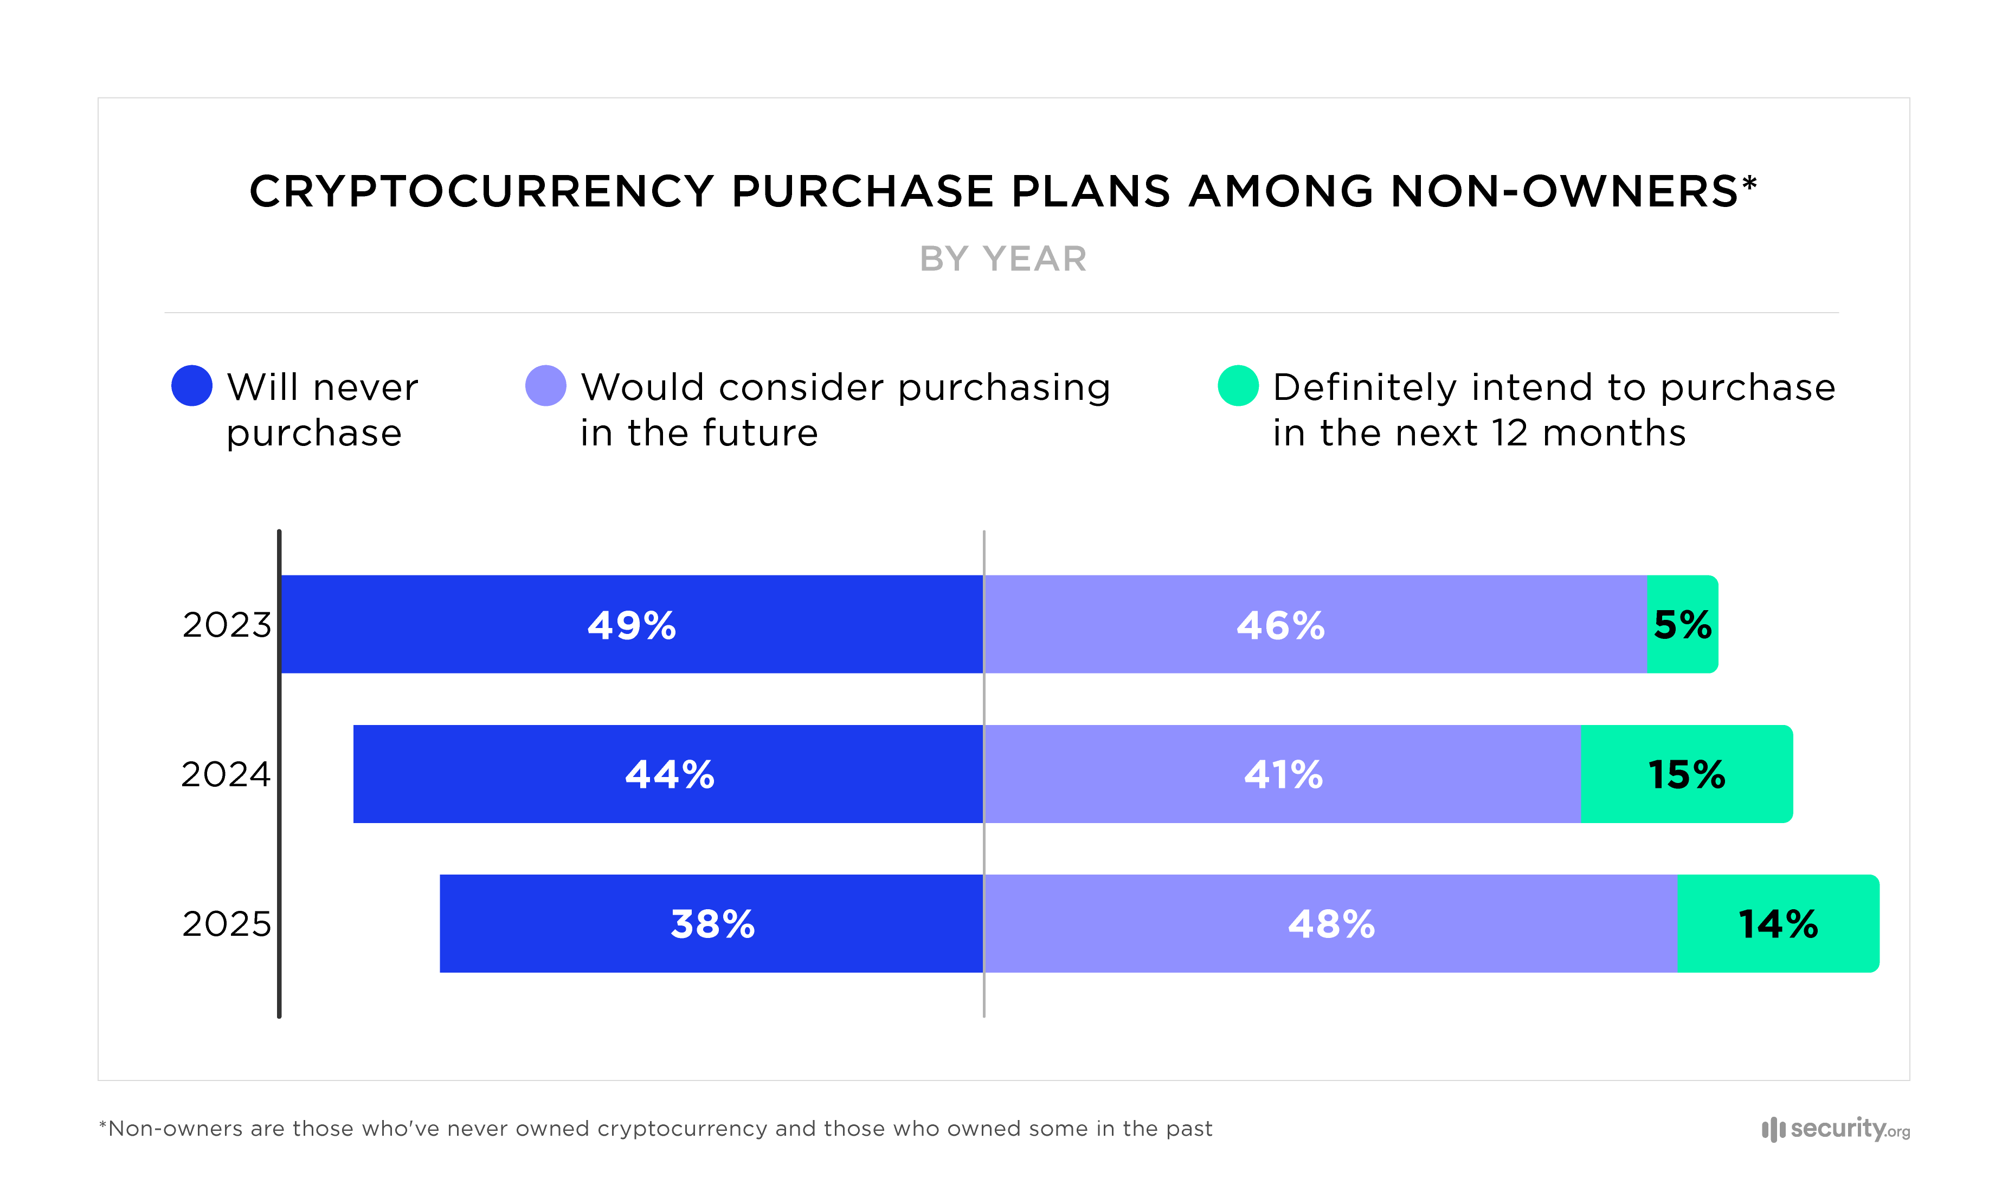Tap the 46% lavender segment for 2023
click(x=1280, y=625)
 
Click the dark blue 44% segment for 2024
click(x=670, y=774)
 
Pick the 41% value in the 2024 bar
click(x=1283, y=774)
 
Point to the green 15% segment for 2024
click(x=1686, y=774)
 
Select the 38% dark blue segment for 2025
click(x=712, y=924)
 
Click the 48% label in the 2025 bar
click(x=1331, y=924)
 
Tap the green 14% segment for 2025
click(x=1777, y=924)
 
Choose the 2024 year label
click(x=226, y=774)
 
